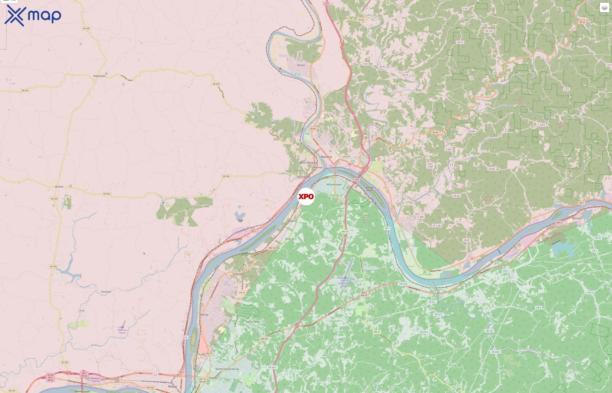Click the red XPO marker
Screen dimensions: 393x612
tap(306, 196)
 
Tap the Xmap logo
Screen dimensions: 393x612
tap(33, 16)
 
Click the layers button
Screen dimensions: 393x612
tap(604, 8)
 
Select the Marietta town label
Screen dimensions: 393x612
tap(326, 157)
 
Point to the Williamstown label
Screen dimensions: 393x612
tap(334, 184)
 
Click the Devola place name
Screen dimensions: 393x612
tap(301, 65)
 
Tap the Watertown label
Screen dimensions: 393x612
tap(99, 76)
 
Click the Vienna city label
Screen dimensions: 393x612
tap(203, 315)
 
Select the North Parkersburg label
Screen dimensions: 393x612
tap(227, 369)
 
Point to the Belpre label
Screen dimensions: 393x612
tap(172, 386)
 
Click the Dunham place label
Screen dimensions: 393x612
tap(106, 292)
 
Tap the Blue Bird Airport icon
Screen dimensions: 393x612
tap(123, 327)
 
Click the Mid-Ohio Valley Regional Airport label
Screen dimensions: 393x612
tap(345, 283)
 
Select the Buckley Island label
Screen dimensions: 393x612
tap(369, 189)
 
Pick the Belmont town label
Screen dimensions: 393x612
tap(577, 218)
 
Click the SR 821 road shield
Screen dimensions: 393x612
tap(362, 20)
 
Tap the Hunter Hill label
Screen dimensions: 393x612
tap(366, 220)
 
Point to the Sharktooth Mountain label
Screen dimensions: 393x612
tap(488, 200)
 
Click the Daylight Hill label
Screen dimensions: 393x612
tap(520, 101)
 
